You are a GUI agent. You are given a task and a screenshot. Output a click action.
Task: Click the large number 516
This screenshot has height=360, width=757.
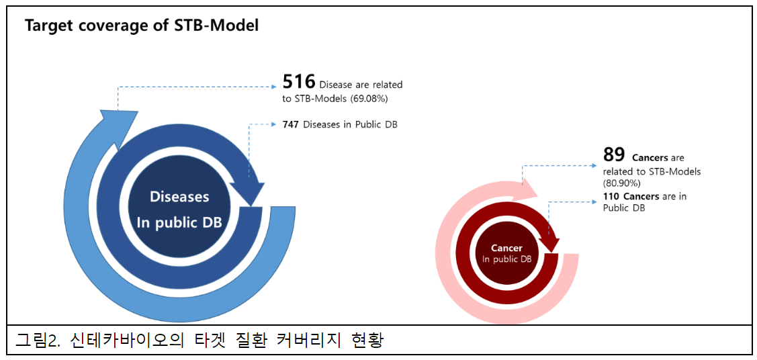(299, 82)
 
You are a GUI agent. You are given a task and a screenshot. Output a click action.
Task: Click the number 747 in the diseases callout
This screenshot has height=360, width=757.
(292, 124)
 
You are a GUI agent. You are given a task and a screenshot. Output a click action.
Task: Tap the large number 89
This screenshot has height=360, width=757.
(614, 155)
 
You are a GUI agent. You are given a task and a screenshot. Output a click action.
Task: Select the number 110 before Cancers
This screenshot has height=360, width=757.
(611, 196)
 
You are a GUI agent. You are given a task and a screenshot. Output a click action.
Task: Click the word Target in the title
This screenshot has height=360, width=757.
(49, 26)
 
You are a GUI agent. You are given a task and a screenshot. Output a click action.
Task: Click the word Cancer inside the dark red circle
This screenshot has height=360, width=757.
(506, 248)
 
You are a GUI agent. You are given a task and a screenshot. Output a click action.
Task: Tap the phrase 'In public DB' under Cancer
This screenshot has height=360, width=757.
(507, 259)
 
